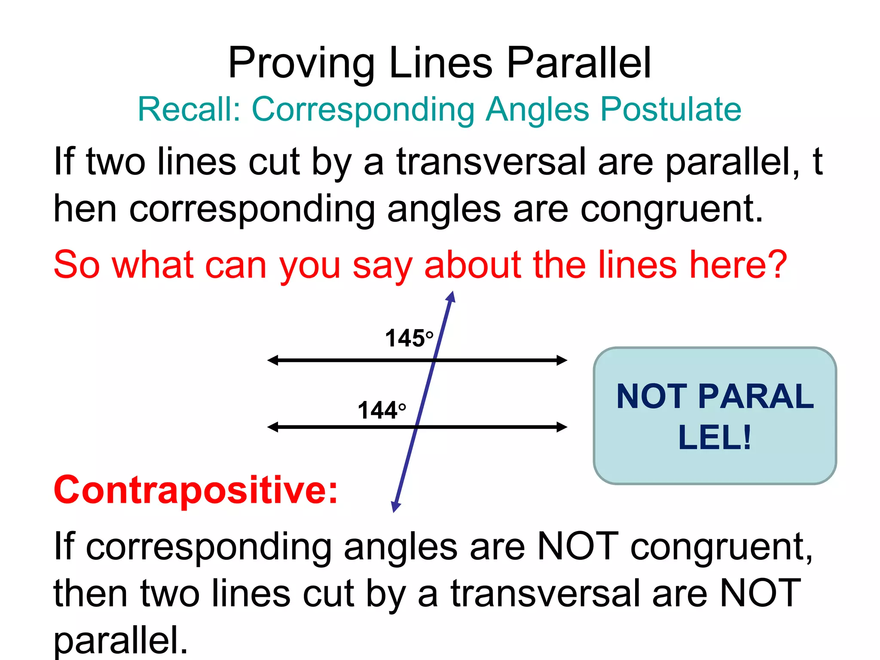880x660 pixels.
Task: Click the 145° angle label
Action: pos(409,338)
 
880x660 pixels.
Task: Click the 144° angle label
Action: pos(382,410)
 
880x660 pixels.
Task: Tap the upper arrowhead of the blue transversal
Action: pos(451,296)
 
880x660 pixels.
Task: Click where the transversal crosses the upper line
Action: pos(434,360)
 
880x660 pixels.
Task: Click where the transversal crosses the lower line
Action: pos(417,427)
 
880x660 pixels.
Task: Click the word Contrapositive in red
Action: pos(196,490)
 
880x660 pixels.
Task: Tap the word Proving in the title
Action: pos(301,63)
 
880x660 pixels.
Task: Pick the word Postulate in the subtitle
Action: pos(671,109)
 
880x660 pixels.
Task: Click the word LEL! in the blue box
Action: pos(715,437)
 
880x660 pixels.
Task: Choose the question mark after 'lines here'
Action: pos(777,265)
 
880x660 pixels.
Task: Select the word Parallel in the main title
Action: pos(579,63)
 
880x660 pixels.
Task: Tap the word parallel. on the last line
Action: pos(121,640)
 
